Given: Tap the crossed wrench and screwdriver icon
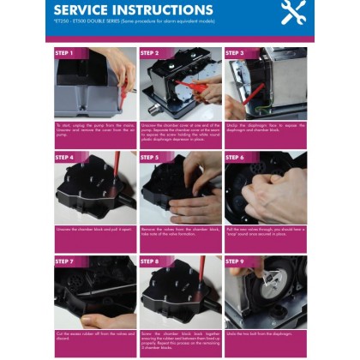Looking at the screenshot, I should point(294,13).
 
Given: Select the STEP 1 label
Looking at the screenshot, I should point(65,53).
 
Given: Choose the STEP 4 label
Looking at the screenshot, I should point(65,158).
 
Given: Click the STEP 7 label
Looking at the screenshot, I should point(65,261).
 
